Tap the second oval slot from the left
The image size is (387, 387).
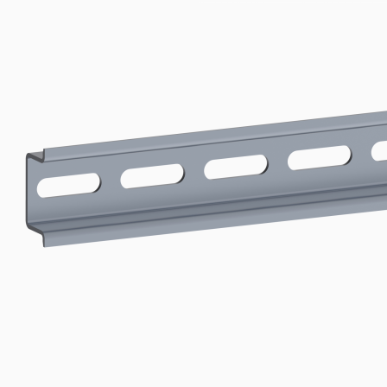(152, 176)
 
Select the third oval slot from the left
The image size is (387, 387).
(235, 167)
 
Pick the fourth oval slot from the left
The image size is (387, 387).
(319, 157)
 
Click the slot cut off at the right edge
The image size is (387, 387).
(380, 150)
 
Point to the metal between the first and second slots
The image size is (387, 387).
(111, 181)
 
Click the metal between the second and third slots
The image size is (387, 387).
(194, 172)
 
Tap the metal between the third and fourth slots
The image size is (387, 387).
(277, 162)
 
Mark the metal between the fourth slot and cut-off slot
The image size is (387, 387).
(361, 153)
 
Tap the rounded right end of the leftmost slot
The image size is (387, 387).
(95, 181)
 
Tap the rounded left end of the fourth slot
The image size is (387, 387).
(293, 161)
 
